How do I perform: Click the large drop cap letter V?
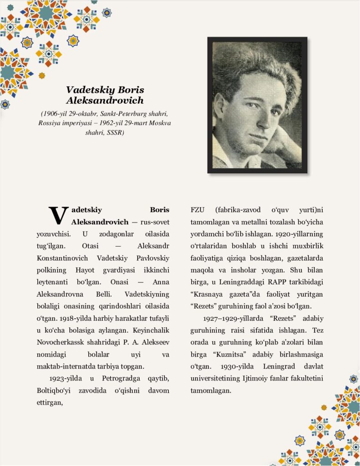click(58, 215)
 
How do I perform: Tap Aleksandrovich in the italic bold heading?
click(105, 100)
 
